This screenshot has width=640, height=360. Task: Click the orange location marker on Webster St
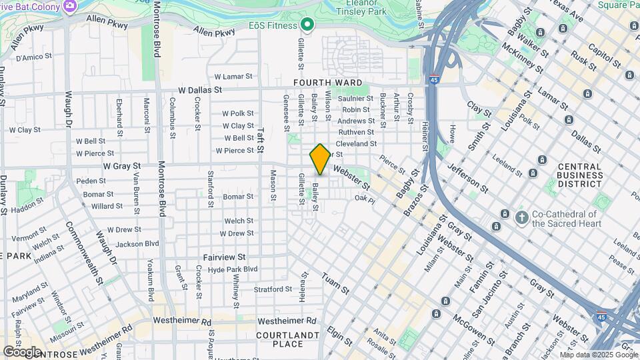pos(320,159)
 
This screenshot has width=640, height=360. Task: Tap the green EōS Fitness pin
pos(307,25)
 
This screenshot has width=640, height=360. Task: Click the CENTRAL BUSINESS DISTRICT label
pos(579,175)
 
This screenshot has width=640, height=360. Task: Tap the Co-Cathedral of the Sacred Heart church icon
pos(521,217)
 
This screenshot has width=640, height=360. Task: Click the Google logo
pos(22,351)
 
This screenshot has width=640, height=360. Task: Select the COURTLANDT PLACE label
pos(287,339)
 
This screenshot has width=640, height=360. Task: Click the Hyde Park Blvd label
pos(232,269)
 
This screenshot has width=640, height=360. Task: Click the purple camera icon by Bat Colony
pos(69,5)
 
